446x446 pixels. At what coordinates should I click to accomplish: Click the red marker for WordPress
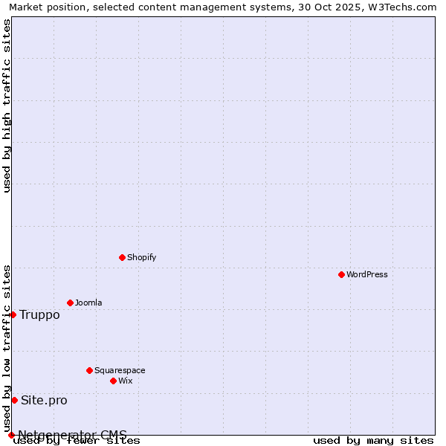pos(341,274)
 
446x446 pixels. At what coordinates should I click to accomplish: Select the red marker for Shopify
pos(122,257)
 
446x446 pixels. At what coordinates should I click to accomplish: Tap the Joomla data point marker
pos(70,303)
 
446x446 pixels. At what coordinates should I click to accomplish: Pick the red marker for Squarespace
pos(89,370)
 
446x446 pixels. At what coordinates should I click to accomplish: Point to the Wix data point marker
pos(113,381)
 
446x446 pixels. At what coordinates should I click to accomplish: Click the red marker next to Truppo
pos(13,314)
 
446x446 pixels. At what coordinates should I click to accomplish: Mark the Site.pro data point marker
pos(14,400)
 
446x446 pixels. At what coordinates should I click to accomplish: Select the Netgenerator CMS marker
pos(11,435)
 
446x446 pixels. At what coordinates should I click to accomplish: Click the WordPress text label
pos(367,274)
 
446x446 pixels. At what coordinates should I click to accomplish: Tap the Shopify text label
pos(141,257)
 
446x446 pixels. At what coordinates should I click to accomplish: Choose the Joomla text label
pos(88,303)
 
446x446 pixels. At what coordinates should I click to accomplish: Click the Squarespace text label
pos(120,370)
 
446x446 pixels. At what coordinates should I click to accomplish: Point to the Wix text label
pos(126,381)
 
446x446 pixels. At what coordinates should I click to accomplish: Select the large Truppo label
pos(39,314)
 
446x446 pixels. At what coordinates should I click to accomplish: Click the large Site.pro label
pos(44,400)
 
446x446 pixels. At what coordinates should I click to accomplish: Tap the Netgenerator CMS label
pos(72,435)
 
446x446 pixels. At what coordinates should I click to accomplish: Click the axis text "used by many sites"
pos(373,441)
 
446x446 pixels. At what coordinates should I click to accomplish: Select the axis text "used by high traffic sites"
pos(7,106)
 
